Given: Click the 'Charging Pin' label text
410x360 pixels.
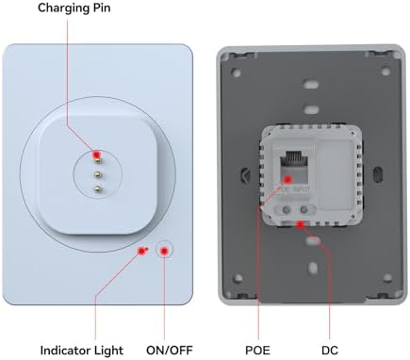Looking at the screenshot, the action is pos(74,8).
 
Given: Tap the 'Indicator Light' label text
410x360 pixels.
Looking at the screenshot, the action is pos(82,350).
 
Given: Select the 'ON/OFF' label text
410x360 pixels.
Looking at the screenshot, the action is pos(170,350).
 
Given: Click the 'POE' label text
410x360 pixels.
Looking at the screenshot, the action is pos(257,350).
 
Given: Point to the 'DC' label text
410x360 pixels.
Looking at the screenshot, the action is pos(330,350).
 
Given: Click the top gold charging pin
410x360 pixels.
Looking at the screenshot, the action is pos(98,160).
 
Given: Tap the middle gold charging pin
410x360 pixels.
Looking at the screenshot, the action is pos(98,174).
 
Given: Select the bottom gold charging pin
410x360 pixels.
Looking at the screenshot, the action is pos(98,188).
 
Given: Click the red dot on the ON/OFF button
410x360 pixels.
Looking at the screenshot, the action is pos(165,251).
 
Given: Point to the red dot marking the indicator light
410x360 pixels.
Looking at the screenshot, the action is pos(141,251).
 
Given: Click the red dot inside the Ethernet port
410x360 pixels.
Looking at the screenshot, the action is pos(288,179).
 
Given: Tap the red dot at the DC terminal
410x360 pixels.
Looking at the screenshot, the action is pos(301,224).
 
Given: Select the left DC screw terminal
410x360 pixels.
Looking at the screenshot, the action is pos(286,209).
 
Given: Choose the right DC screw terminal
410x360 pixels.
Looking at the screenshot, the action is pos(303,209).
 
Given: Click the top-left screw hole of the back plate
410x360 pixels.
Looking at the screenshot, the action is pos(237,73).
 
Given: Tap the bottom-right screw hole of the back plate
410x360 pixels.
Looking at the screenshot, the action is pos(387,278).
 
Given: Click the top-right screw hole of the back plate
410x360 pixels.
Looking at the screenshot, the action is pos(385,72).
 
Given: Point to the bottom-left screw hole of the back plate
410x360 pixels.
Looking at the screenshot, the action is pos(238,278).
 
